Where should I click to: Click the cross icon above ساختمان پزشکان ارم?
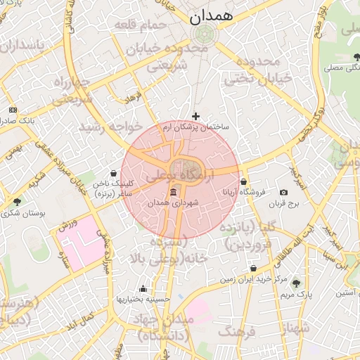[x=195, y=116]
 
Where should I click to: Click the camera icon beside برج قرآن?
[x=283, y=193]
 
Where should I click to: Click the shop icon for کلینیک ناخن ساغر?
[x=114, y=172]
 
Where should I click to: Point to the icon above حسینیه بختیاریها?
[x=143, y=288]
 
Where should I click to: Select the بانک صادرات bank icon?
[x=13, y=110]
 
